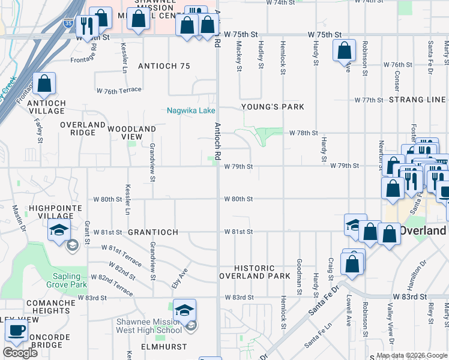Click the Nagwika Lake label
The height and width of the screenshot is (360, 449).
pyautogui.click(x=190, y=111)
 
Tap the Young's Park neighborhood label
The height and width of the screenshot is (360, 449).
pyautogui.click(x=273, y=107)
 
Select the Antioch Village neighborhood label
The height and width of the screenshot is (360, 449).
pyautogui.click(x=46, y=107)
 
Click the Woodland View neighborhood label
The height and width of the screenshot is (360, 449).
pyautogui.click(x=131, y=133)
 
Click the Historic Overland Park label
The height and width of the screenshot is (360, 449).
pyautogui.click(x=254, y=272)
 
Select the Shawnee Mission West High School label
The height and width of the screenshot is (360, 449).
pyautogui.click(x=149, y=326)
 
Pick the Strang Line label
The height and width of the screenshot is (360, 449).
pyautogui.click(x=417, y=100)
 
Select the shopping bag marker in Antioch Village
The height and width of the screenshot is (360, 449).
pyautogui.click(x=44, y=85)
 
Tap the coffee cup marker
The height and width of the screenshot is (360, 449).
pyautogui.click(x=16, y=331)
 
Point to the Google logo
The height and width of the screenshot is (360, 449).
pyautogui.click(x=20, y=353)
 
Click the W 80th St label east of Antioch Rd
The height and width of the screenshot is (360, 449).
pyautogui.click(x=238, y=199)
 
